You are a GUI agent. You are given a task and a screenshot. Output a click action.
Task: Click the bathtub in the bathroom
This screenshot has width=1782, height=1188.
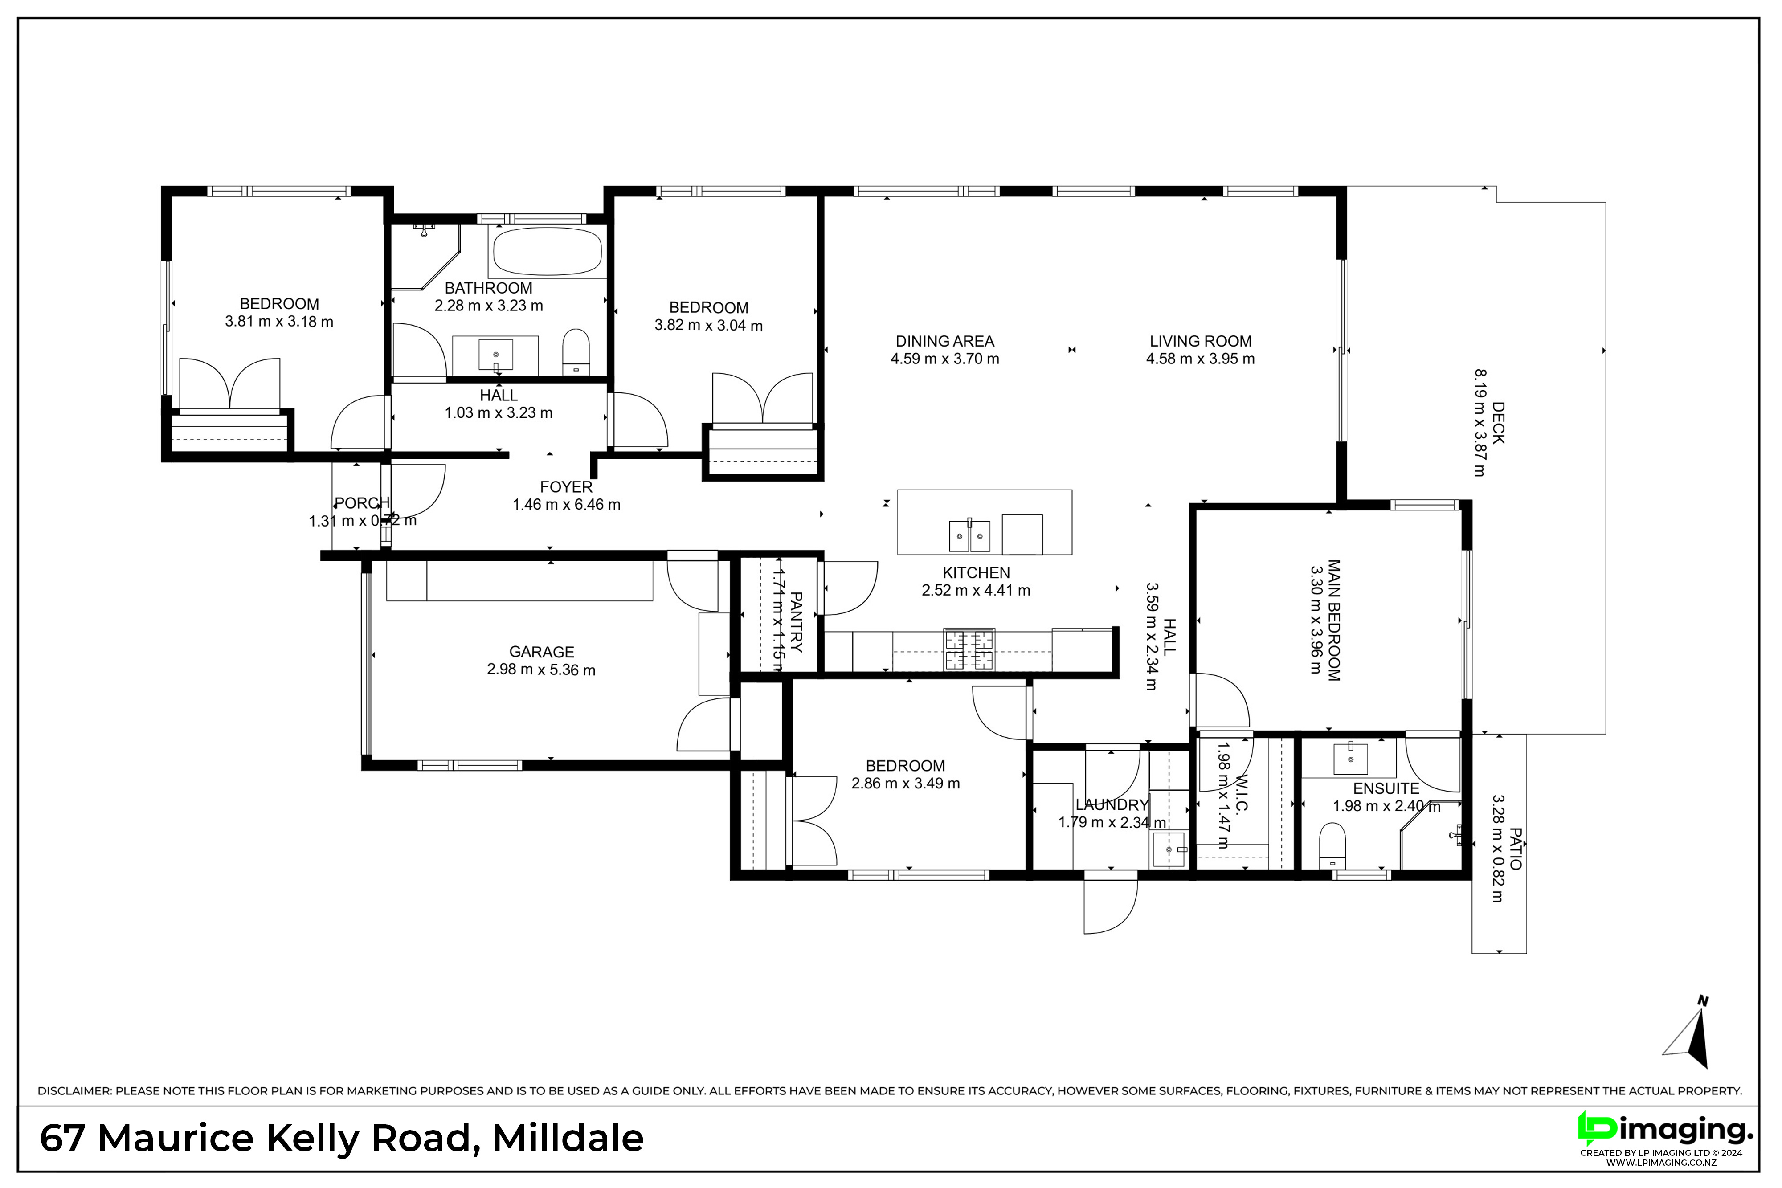tap(547, 252)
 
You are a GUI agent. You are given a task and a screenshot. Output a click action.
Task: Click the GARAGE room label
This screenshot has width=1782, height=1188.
tap(542, 652)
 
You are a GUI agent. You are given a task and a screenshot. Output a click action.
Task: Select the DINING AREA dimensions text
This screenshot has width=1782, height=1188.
tap(945, 359)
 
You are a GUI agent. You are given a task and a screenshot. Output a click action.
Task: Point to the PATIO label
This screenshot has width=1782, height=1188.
tap(1515, 849)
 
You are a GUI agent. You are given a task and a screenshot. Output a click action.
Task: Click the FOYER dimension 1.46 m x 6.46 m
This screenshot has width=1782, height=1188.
tap(567, 505)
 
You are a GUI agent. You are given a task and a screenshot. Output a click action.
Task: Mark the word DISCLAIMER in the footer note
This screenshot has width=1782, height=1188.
tap(74, 1091)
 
